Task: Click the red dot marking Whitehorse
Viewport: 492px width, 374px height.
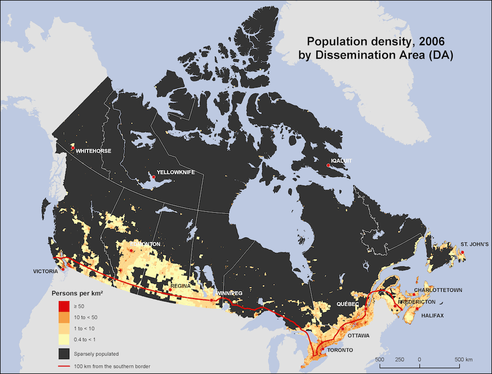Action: (x=73, y=148)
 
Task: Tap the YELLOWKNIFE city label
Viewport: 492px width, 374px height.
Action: (x=175, y=172)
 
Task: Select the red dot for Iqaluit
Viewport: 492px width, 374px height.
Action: (x=328, y=165)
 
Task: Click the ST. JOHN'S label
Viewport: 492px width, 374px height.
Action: (x=475, y=245)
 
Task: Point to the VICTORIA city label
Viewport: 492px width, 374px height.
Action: (x=46, y=271)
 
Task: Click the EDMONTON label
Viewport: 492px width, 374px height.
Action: (x=145, y=244)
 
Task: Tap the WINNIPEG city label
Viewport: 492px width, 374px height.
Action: (x=229, y=293)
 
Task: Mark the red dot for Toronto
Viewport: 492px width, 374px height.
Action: (x=322, y=349)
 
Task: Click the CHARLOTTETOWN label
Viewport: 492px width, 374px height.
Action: (x=438, y=290)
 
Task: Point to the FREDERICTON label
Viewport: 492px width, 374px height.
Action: (x=417, y=302)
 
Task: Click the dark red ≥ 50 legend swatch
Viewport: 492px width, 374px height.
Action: (x=64, y=306)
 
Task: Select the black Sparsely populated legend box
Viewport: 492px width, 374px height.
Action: (x=64, y=354)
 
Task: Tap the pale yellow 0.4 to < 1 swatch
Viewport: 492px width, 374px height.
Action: (x=64, y=340)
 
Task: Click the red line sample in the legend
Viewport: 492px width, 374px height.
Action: (x=64, y=366)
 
